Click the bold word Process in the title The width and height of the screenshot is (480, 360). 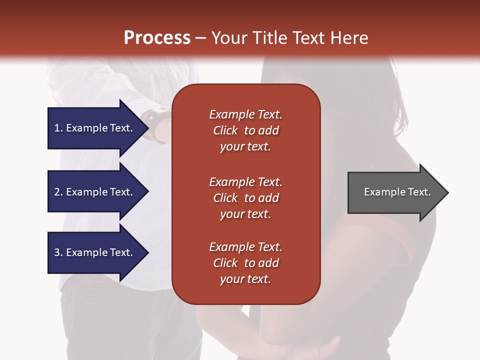tap(157, 38)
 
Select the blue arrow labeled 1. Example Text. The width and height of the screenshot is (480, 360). tap(95, 128)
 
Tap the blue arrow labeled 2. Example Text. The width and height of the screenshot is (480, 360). tap(95, 192)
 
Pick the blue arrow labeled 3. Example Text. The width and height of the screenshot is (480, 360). tap(95, 252)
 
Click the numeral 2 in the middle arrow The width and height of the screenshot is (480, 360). tap(57, 192)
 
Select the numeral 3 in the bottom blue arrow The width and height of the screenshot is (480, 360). tap(57, 252)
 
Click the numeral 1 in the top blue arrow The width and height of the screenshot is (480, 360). tap(57, 128)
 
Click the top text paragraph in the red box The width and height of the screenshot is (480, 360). tap(245, 130)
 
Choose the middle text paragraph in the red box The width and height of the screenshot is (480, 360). tap(245, 198)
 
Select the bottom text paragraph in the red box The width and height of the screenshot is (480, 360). tap(245, 263)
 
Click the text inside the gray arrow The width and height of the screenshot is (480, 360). tap(397, 192)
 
